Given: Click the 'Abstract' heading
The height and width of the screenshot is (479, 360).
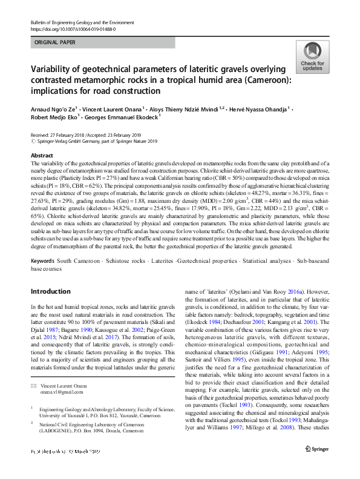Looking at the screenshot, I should coord(42,155).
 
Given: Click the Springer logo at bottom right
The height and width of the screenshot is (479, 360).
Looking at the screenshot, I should coord(318,465).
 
